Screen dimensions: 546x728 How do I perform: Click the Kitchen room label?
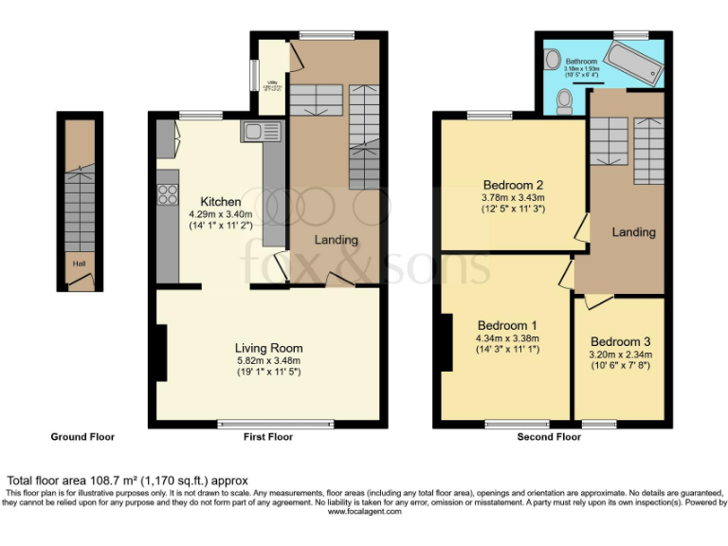[220, 202]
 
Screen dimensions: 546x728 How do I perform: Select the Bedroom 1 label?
[507, 324]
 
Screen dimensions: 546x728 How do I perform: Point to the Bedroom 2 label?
[513, 185]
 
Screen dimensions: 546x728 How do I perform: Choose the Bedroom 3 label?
[620, 341]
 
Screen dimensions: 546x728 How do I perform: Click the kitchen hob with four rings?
[168, 194]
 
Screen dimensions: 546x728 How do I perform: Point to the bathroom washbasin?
[552, 59]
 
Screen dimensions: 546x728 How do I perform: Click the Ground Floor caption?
[82, 437]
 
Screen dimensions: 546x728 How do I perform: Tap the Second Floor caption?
[549, 437]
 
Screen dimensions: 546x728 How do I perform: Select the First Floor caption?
[267, 437]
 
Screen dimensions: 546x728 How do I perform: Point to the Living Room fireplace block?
[162, 355]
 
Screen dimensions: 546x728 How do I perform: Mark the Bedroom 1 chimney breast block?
[445, 338]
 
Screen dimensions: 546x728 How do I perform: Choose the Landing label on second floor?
[633, 232]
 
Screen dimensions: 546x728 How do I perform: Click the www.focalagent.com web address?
[364, 511]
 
